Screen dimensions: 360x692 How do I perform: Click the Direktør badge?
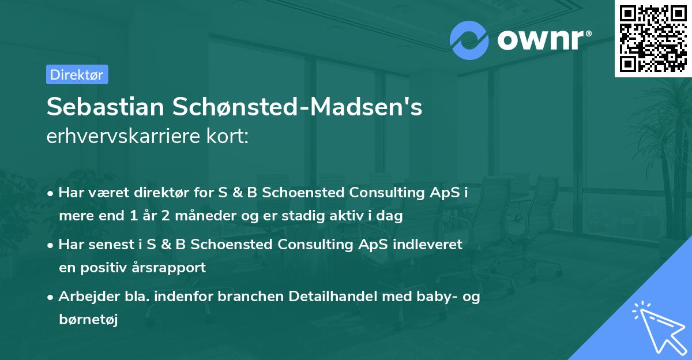[x=77, y=74]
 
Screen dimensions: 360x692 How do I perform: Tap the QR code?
[x=653, y=38]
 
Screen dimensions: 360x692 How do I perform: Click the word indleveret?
[x=428, y=245]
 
